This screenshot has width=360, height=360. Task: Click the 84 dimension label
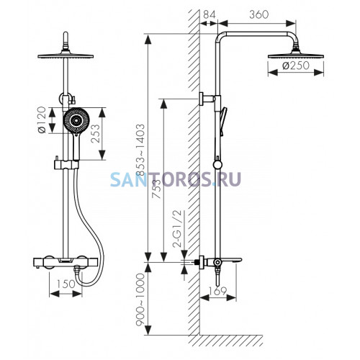click(x=210, y=14)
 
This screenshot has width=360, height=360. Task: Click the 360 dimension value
click(x=259, y=14)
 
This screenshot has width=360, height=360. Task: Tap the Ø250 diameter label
click(x=296, y=66)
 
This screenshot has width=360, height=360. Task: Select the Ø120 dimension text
click(x=42, y=120)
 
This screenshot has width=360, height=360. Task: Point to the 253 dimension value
click(x=95, y=133)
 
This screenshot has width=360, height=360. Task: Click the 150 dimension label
click(x=66, y=284)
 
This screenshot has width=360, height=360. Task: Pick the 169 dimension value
click(x=217, y=291)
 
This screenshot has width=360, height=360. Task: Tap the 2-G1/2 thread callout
click(x=178, y=229)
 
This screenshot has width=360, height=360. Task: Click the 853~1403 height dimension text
click(x=140, y=150)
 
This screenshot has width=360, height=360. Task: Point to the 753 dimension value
click(x=156, y=189)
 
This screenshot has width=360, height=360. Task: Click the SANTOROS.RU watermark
click(x=176, y=179)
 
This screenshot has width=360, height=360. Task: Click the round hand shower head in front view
click(x=76, y=120)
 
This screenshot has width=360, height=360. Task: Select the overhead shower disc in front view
click(x=66, y=55)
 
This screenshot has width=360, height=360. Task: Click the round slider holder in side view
click(x=217, y=164)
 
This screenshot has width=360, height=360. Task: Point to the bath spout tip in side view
click(x=240, y=260)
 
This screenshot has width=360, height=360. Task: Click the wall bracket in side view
click(x=206, y=99)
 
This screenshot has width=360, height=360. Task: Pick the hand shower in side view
click(x=223, y=122)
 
